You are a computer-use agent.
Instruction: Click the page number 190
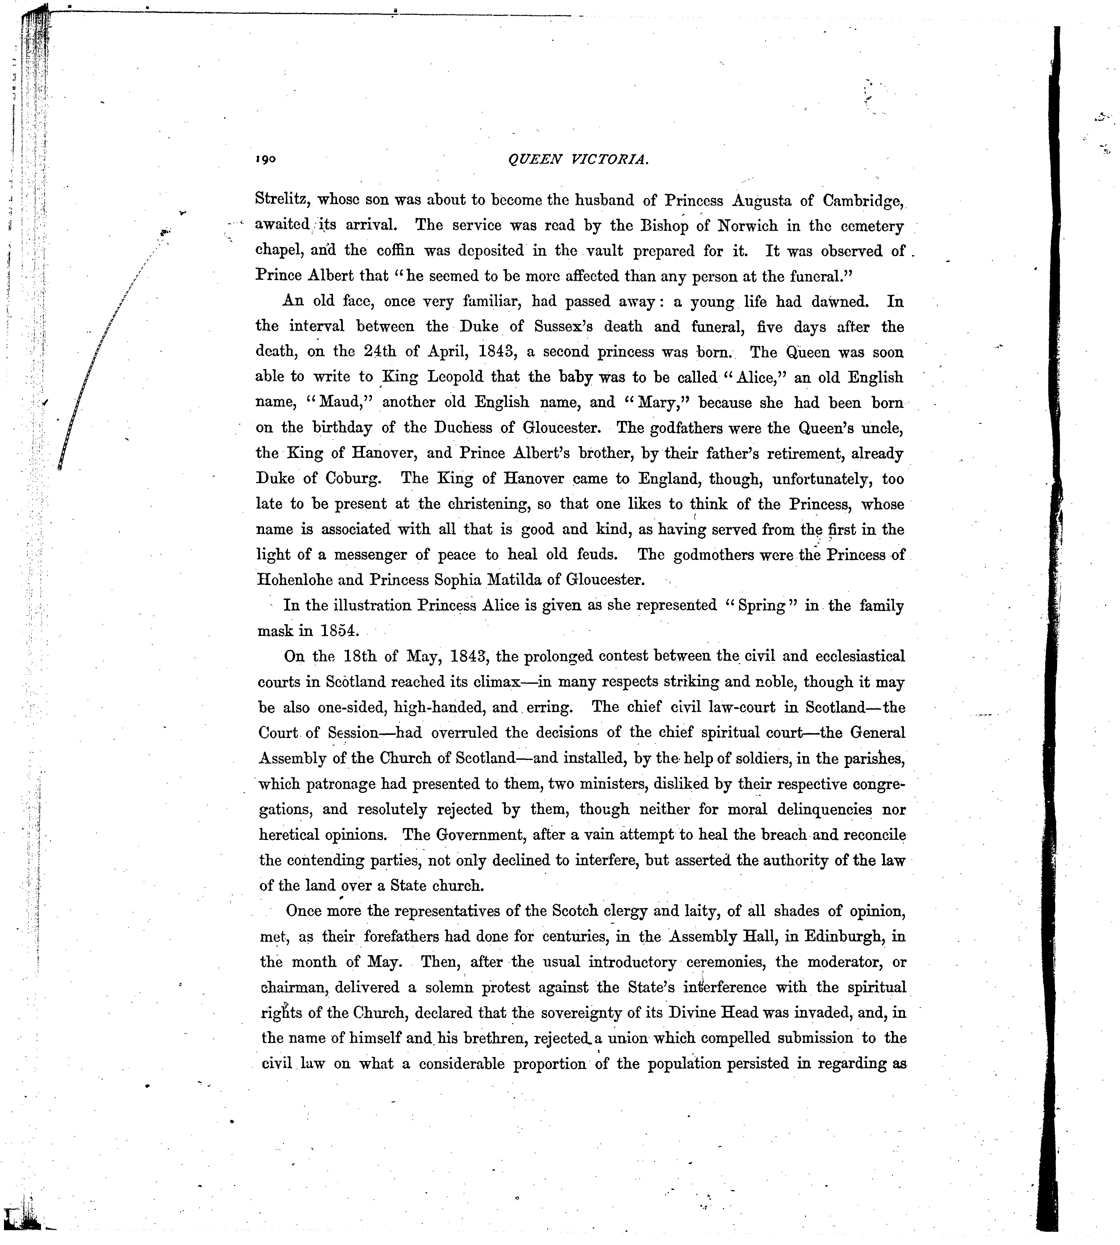click(266, 159)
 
